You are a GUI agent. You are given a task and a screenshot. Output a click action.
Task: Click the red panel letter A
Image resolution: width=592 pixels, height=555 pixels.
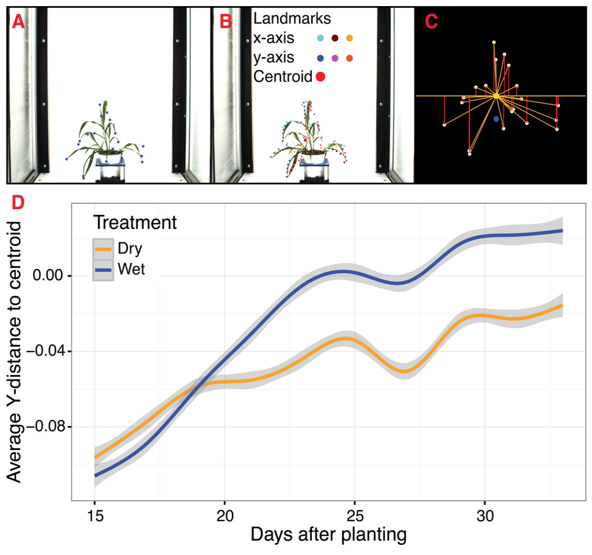18,21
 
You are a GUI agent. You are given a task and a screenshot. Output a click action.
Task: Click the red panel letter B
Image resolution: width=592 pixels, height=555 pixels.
225,21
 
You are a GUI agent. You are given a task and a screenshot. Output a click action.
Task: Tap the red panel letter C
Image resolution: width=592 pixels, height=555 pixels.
431,21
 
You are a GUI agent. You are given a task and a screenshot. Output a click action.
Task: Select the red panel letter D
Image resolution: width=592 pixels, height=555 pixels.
18,203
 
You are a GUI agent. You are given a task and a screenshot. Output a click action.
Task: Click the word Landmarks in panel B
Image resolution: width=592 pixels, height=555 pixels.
292,19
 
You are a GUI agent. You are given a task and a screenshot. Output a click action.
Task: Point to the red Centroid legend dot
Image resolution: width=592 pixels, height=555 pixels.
320,77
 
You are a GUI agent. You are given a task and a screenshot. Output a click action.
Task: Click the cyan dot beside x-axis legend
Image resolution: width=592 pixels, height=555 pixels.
320,38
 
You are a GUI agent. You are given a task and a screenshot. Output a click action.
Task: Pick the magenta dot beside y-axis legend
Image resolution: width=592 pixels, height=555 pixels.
335,58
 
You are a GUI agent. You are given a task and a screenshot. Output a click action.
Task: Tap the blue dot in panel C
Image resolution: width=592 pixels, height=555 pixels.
496,119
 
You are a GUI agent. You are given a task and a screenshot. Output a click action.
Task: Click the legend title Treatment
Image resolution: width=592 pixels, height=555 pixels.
135,223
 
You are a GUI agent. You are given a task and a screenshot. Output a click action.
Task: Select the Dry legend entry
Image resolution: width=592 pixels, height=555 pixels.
130,248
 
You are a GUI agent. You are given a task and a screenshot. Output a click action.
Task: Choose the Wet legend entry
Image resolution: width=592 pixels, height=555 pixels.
131,269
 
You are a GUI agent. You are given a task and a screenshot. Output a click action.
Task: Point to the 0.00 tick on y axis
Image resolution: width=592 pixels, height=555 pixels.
48,276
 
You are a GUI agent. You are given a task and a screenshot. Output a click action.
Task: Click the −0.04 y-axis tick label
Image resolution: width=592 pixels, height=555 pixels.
45,351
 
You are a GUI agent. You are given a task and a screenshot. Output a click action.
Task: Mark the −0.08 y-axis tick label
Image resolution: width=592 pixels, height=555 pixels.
45,426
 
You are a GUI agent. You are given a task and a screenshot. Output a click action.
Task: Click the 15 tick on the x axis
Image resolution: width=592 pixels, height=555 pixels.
95,516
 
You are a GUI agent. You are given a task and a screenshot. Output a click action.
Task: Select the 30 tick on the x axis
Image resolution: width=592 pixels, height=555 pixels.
485,516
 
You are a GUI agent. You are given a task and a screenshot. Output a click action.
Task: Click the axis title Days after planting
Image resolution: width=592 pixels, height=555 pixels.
329,535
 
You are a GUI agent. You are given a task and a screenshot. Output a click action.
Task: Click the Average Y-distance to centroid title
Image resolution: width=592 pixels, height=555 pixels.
14,352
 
